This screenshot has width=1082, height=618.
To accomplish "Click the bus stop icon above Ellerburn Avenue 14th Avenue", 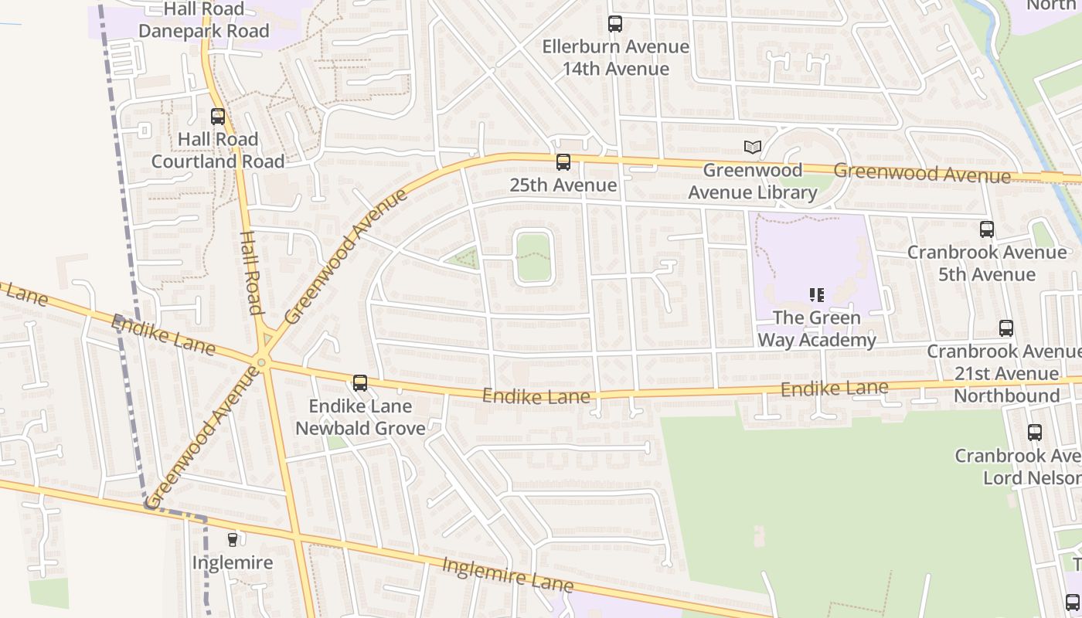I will pos(615,24).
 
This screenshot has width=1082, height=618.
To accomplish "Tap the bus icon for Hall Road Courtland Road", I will pos(218,117).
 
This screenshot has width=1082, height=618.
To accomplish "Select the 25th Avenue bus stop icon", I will pos(563,162).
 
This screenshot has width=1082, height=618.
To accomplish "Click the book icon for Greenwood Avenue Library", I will pos(752,147).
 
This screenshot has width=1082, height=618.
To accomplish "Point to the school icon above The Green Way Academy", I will pos(817,294).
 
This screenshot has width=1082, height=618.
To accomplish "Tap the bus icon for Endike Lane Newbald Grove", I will pos(360,382).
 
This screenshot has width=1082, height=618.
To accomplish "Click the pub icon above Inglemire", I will pos(232,539).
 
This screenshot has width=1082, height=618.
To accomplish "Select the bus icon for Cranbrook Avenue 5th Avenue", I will pos(987,229).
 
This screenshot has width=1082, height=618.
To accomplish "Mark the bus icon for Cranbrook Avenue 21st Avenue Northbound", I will pos(1006,328).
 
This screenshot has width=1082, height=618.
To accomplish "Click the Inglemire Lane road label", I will pos(507,575).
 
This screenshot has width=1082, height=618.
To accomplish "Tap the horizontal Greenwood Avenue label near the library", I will pos(921,173).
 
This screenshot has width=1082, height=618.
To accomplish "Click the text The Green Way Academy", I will pos(817,329).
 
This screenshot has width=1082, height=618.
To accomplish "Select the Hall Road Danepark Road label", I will pos(204,20).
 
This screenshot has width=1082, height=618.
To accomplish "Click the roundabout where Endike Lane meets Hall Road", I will pos(262,362).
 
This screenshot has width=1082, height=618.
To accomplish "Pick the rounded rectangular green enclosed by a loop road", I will pos(533,257).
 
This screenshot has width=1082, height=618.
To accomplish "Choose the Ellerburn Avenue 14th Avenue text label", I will pos(615,58).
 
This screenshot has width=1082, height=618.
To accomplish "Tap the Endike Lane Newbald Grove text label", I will pos(360,417).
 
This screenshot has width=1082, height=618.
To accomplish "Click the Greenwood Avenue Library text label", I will pos(752,182).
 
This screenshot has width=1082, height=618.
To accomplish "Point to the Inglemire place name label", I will pos(233,562).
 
